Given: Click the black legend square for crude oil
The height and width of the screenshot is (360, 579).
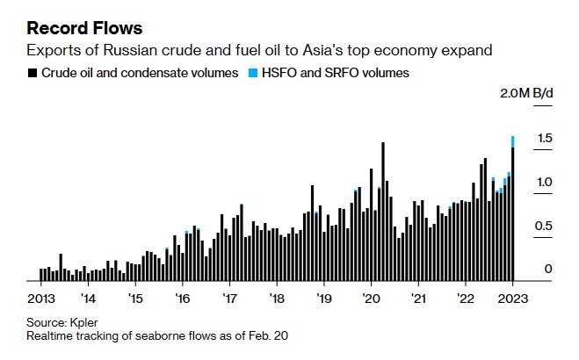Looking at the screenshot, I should (32, 74).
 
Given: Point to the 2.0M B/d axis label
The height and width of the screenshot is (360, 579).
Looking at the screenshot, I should (525, 93).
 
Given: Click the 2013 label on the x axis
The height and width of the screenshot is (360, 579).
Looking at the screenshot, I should (41, 298).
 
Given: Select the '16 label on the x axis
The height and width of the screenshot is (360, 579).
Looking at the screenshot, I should (182, 298).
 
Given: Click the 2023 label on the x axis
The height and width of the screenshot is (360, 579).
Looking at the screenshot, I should (512, 298).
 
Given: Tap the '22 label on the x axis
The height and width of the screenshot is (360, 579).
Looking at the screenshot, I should (465, 298).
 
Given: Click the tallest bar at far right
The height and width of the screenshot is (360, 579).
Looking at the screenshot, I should (513, 215).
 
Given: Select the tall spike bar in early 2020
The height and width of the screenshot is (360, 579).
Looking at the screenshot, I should (383, 211).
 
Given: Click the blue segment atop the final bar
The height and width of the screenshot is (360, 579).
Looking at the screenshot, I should (513, 141).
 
